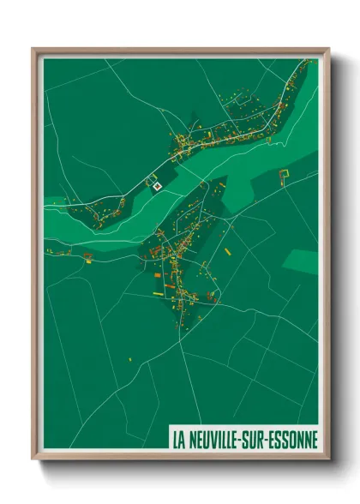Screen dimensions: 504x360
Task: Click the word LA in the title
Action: click(179, 440)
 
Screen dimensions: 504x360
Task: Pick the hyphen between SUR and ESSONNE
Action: click(277, 441)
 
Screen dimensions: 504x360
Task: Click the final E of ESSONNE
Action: click(315, 440)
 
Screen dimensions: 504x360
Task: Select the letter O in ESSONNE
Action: click(297, 440)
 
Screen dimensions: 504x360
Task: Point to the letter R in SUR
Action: click(271, 440)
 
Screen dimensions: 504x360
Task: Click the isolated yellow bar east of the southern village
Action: click(228, 253)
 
